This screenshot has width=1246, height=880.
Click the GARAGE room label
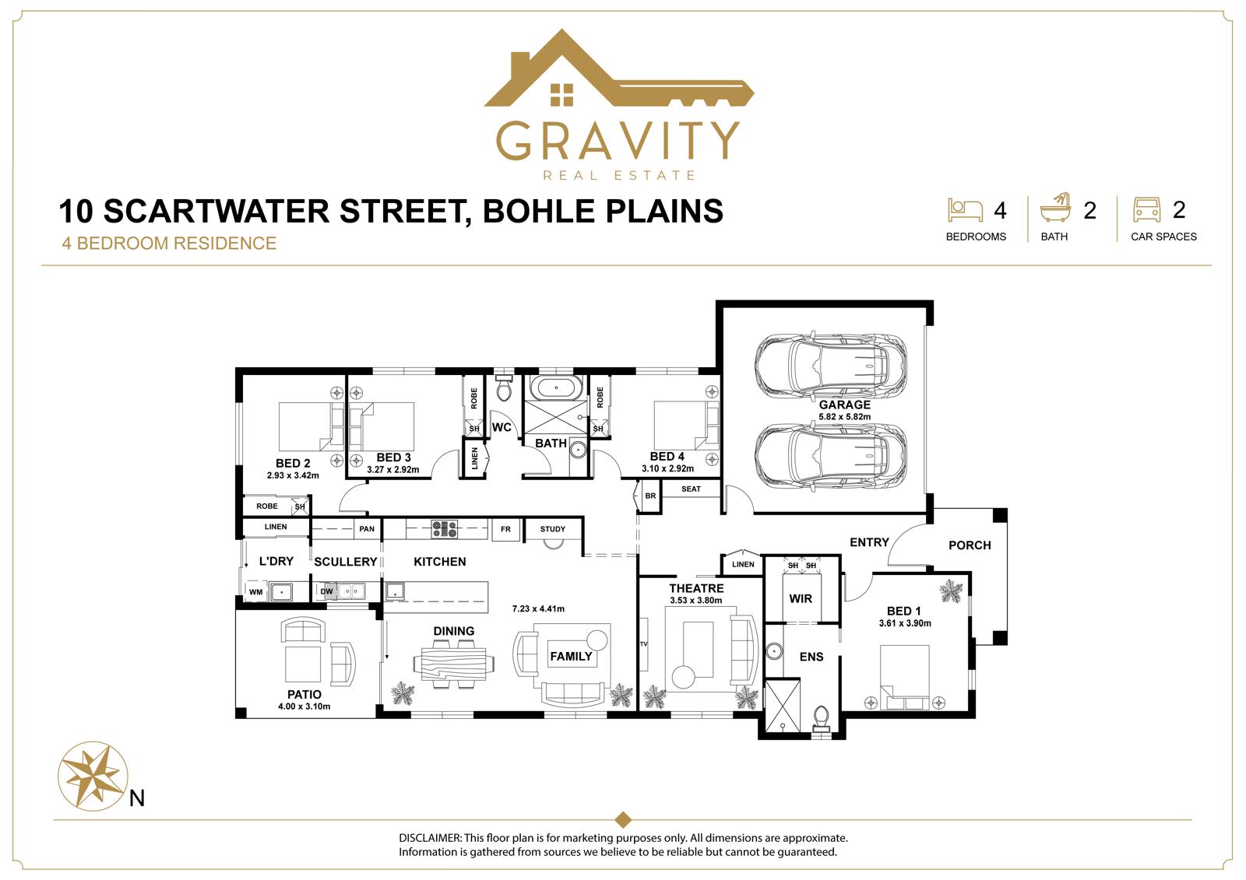pyautogui.click(x=844, y=405)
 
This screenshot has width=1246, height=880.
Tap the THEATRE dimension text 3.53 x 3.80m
pyautogui.click(x=696, y=601)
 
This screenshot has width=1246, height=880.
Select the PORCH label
pyautogui.click(x=970, y=545)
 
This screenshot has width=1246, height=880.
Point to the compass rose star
pyautogui.click(x=93, y=776)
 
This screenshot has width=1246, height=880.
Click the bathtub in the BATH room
pyautogui.click(x=556, y=387)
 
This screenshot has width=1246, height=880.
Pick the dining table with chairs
pyautogui.click(x=454, y=664)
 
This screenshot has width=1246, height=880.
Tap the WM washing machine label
pyautogui.click(x=256, y=592)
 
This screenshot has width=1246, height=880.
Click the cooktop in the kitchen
pyautogui.click(x=445, y=528)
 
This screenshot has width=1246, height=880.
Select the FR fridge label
pyautogui.click(x=505, y=529)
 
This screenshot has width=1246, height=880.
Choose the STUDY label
pyautogui.click(x=552, y=529)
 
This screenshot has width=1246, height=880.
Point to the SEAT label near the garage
pyautogui.click(x=691, y=489)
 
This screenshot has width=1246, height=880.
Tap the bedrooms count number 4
pyautogui.click(x=1000, y=211)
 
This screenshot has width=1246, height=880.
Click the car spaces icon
pyautogui.click(x=1146, y=209)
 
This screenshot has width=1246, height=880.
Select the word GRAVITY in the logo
pyautogui.click(x=618, y=141)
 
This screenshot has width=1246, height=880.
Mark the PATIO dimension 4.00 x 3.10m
pyautogui.click(x=304, y=706)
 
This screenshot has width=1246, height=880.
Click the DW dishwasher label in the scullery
pyautogui.click(x=326, y=591)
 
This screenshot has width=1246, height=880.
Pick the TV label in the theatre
pyautogui.click(x=643, y=644)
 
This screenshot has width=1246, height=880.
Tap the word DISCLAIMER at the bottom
pyautogui.click(x=430, y=838)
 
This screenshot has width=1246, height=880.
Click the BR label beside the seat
pyautogui.click(x=650, y=496)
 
